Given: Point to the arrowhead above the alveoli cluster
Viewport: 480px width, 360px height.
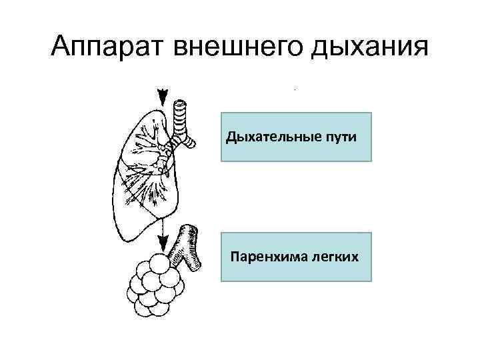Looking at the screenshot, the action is point(161,243).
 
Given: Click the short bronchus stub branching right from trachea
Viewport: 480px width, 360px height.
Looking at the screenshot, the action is point(190,139).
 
